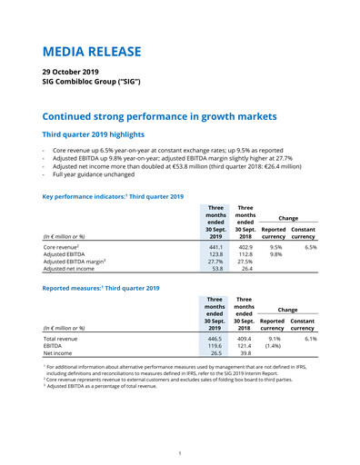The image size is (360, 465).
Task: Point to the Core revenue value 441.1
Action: pyautogui.click(x=215, y=246)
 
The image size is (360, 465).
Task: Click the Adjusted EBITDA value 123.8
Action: pyautogui.click(x=215, y=254)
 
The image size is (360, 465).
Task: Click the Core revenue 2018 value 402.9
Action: pyautogui.click(x=245, y=246)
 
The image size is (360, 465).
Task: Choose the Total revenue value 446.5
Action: pyautogui.click(x=215, y=338)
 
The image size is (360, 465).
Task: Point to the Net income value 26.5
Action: pyautogui.click(x=216, y=354)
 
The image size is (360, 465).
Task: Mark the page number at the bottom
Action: pyautogui.click(x=180, y=452)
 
